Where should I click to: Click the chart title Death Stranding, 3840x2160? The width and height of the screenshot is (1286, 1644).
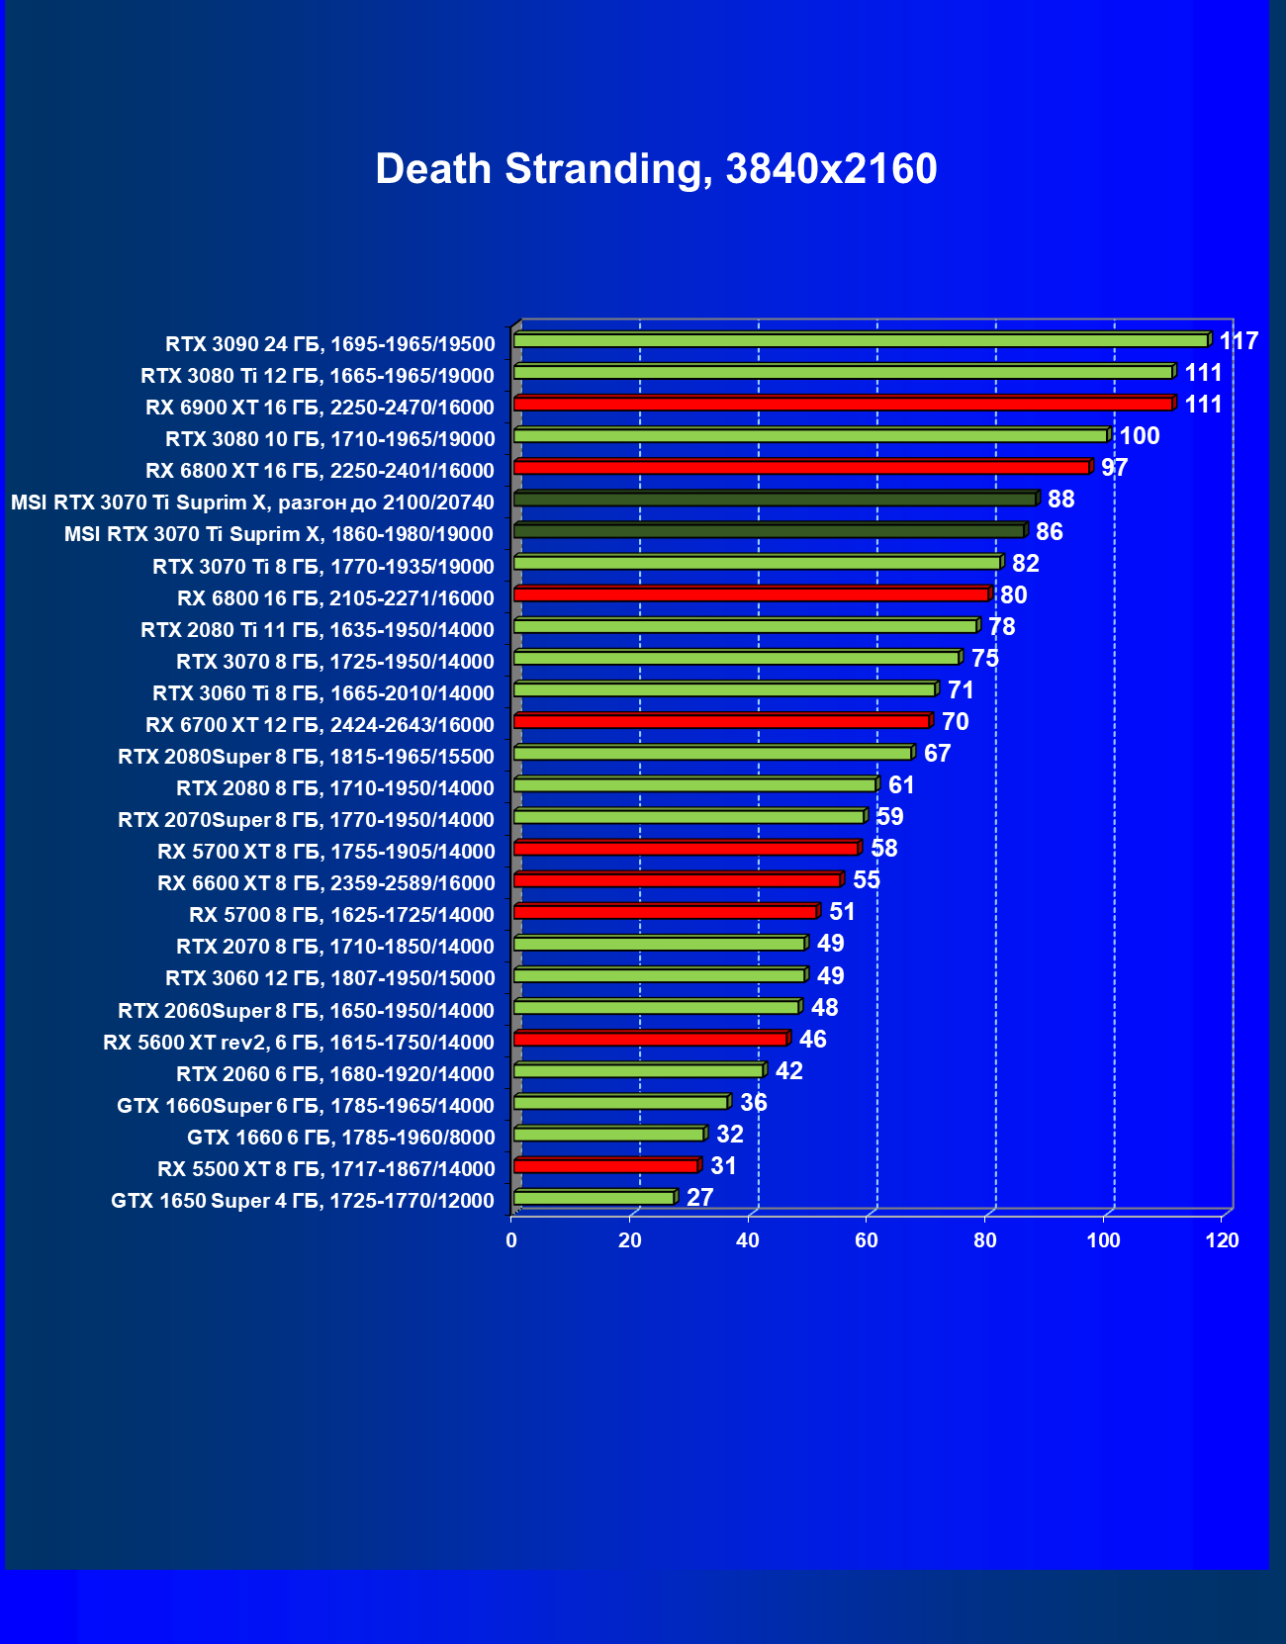656,169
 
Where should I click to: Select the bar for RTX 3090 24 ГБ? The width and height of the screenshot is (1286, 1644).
861,340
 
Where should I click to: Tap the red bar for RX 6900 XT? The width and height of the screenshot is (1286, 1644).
843,404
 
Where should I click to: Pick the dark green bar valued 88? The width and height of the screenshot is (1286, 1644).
775,499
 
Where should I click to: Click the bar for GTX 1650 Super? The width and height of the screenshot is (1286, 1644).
594,1198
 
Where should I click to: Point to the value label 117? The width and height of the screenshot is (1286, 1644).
1238,341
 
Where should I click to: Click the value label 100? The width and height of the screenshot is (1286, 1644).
1139,436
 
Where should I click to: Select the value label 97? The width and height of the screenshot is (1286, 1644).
1114,468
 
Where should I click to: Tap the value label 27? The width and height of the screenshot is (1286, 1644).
699,1198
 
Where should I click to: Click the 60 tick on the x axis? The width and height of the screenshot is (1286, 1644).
867,1240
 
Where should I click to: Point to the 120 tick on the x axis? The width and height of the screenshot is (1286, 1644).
1222,1240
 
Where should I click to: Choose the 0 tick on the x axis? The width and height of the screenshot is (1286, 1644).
511,1240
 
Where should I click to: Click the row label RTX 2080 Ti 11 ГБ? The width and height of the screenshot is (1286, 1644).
317,630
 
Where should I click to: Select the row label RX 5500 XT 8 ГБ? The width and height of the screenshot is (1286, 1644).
325,1169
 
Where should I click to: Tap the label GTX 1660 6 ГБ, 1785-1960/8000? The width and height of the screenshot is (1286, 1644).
340,1138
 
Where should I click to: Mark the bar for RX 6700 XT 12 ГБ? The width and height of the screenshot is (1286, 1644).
721,721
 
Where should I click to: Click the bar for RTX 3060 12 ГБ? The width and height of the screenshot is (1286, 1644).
659,975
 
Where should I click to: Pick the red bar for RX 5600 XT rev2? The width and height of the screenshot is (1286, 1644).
650,1039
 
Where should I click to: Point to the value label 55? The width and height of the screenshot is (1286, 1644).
866,880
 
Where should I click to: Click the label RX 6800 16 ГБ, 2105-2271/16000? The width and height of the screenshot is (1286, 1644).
335,598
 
